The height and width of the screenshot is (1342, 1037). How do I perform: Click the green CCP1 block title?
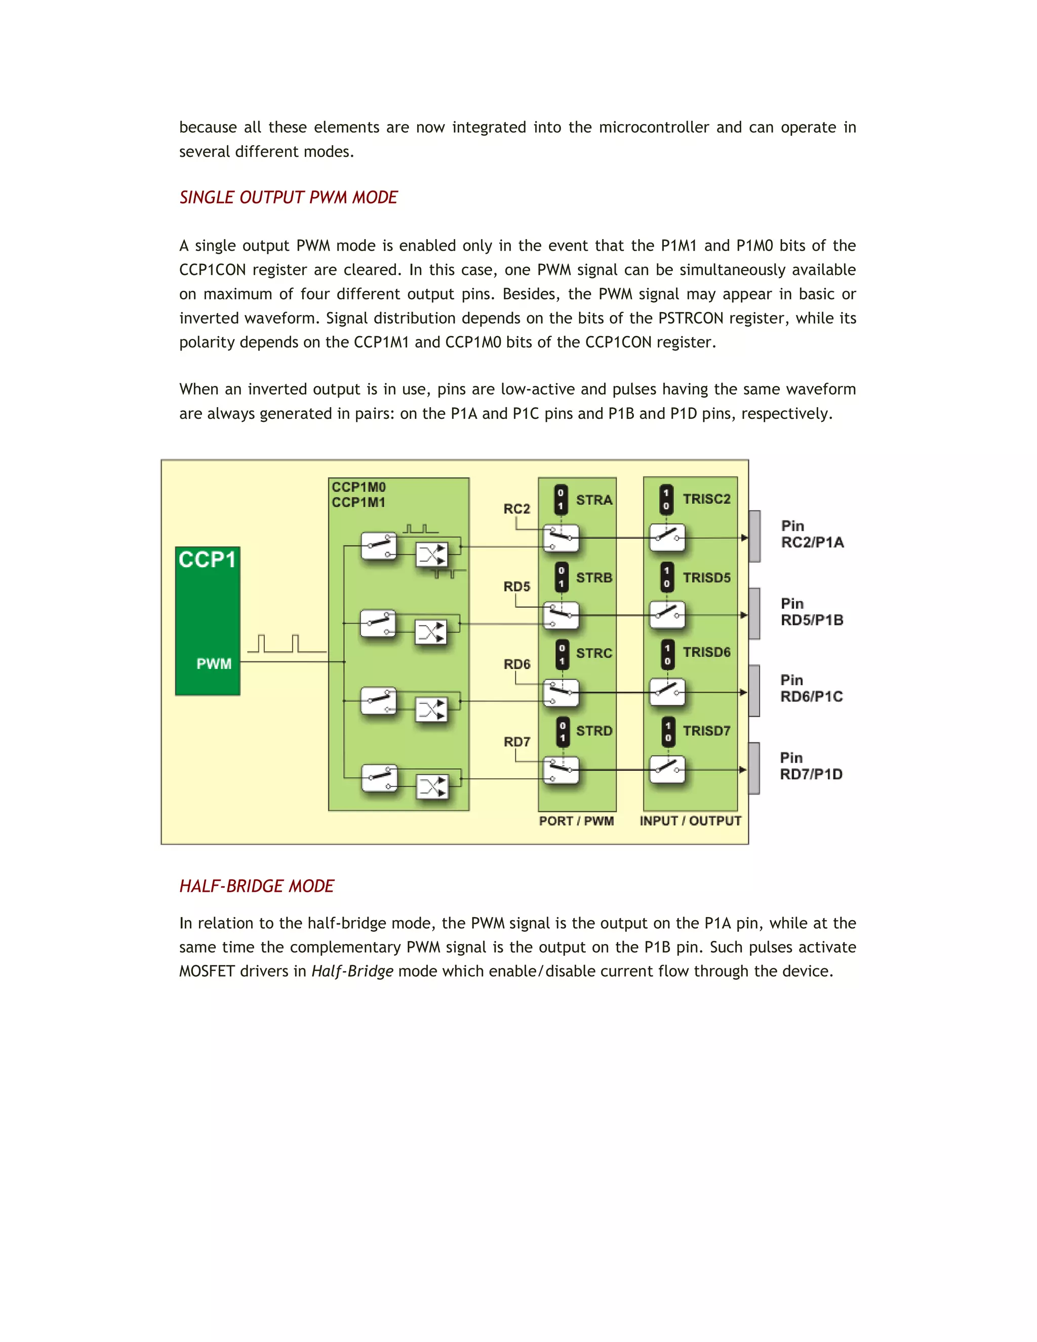(207, 560)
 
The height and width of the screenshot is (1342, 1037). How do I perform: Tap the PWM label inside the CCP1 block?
(214, 663)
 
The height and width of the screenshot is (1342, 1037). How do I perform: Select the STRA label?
(594, 500)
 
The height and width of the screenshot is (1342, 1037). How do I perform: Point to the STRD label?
(594, 731)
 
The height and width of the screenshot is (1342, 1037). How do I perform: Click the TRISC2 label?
(706, 499)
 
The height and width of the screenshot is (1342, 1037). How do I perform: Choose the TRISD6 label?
(706, 652)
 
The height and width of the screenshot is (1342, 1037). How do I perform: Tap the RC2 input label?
(516, 509)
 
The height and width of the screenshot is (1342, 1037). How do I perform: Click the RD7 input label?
(516, 742)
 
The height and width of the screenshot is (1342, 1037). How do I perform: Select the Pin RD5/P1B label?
(812, 612)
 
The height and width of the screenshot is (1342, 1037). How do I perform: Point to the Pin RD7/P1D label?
(811, 766)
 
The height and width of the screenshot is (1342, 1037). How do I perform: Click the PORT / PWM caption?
(576, 821)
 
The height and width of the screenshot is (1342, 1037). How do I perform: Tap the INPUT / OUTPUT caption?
(691, 821)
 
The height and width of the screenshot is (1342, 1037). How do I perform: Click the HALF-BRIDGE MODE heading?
(256, 886)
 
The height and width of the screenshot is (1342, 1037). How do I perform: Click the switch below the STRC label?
(561, 692)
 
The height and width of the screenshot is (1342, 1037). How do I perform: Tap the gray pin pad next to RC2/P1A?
(755, 536)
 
